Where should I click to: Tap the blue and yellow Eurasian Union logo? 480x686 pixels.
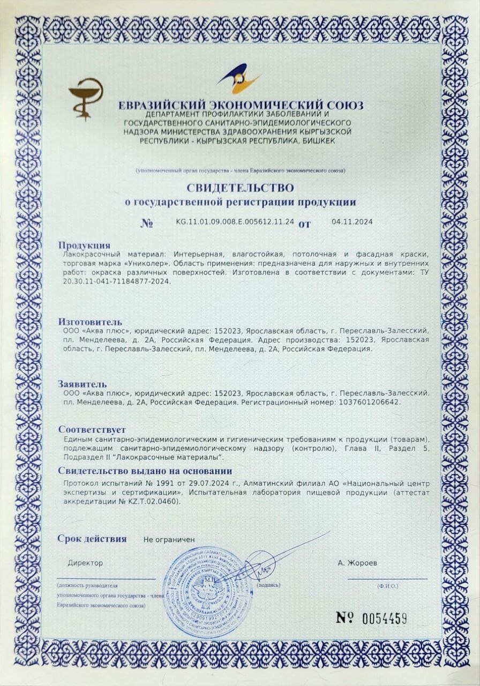coord(239,80)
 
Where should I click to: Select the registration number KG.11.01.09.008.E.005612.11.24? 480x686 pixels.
coord(235,221)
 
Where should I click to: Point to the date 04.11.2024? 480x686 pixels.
coord(352,221)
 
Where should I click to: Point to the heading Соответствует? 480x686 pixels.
coord(92,429)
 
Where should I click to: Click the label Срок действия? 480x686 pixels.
coord(92,539)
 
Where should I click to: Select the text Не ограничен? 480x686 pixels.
coord(169,540)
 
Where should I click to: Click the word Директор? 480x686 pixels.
coord(85,563)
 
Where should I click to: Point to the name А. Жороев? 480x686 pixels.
coord(357,563)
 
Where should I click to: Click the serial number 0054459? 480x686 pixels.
coord(385,618)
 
